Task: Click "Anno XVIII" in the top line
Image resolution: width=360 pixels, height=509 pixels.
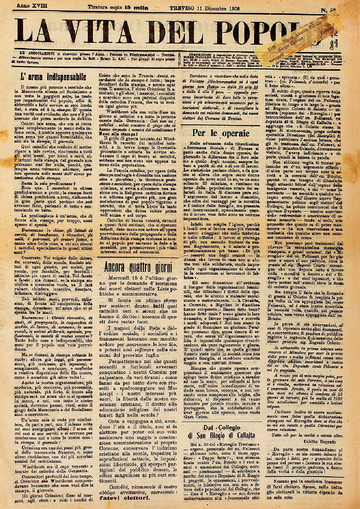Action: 30,6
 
